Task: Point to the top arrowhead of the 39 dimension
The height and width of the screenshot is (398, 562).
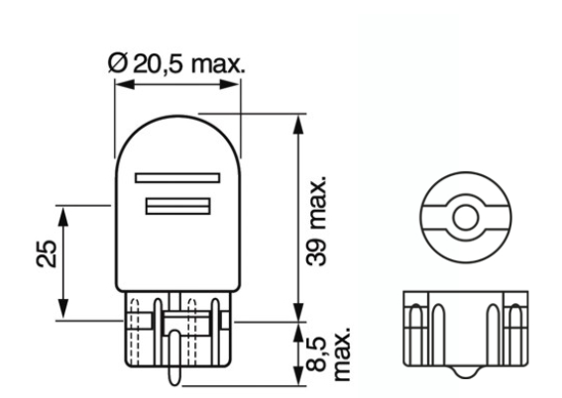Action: (x=297, y=120)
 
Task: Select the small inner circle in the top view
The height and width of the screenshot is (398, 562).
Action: (x=462, y=216)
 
